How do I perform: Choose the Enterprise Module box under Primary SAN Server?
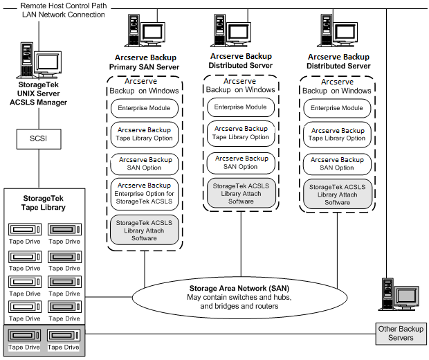click(144, 109)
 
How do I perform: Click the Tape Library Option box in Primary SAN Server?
click(144, 133)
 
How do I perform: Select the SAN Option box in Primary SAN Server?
click(144, 163)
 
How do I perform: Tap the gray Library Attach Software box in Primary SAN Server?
click(144, 229)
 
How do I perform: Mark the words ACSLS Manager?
click(42, 102)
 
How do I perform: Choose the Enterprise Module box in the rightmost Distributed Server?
click(337, 108)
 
